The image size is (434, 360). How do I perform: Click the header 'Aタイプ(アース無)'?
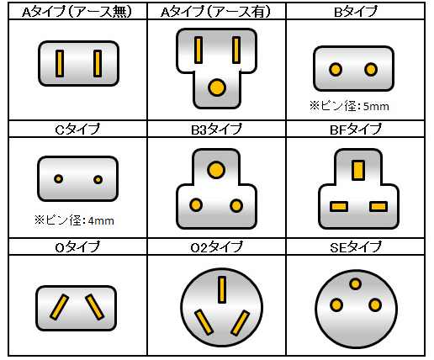point(77,12)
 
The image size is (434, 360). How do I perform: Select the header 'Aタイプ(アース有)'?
point(215,12)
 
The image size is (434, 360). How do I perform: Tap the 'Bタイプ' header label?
point(356,12)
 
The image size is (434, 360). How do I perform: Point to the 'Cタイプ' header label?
point(77,130)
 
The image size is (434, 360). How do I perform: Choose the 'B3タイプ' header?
point(216,130)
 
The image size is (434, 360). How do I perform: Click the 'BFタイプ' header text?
point(356,130)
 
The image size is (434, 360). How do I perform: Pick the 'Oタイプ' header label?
point(77,247)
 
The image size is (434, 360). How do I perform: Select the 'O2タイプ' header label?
point(216,247)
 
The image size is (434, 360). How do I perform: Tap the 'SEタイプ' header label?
point(356,247)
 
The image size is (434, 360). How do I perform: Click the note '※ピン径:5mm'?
point(349,106)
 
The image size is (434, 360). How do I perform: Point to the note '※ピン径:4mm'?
point(74,220)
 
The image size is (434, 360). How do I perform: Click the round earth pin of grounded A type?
point(217,87)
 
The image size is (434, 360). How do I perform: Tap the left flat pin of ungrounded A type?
point(60,63)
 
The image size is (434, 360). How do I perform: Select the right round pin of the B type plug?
point(371,69)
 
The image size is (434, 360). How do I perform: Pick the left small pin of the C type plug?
point(58,178)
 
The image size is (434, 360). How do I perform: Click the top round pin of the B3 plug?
point(216,170)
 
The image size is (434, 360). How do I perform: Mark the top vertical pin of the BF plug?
point(358,170)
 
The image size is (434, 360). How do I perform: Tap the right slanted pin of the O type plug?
point(95,307)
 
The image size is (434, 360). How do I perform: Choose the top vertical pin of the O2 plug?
point(222,289)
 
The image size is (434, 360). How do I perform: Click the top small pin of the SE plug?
point(355,283)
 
